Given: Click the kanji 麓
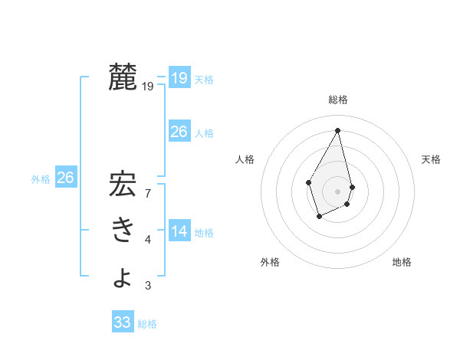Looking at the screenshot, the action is pos(123,78).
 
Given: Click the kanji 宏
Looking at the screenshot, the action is pos(123,186).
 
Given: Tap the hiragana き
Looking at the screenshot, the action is pos(123,230).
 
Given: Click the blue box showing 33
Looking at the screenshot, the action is pos(123,322).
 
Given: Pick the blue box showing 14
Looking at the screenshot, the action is pos(179,231).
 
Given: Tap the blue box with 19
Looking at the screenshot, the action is pos(179,78).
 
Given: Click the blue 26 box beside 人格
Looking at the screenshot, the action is pos(179,132).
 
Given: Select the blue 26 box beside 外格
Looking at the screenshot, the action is pos(66,178).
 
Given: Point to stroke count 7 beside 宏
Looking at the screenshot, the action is pos(148,193).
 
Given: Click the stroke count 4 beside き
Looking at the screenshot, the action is pos(148,241).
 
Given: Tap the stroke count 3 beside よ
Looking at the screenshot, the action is pos(148,286).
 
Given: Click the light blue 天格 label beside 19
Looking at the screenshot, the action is pos(204,80).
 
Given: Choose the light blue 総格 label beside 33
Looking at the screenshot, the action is pos(147,324).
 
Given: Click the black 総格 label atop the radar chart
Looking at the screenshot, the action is pos(338,100).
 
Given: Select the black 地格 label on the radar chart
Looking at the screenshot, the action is pos(402,262).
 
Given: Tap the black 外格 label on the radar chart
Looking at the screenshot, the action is pos(270,262).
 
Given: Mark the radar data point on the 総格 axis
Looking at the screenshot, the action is pos(338,130).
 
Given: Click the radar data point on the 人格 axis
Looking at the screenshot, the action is pos(309,182).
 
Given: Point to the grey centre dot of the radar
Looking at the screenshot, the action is pos(338,191).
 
